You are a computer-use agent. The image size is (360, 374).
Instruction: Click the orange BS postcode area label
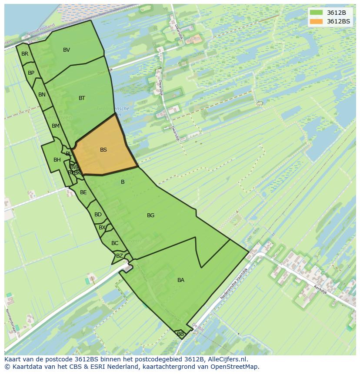pyautogui.click(x=103, y=150)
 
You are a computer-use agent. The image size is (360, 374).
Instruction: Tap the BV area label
pyautogui.click(x=67, y=50)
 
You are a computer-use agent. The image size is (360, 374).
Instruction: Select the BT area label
pyautogui.click(x=82, y=98)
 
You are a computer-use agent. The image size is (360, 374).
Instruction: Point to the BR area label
pyautogui.click(x=25, y=54)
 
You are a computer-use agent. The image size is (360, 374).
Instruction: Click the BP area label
pyautogui.click(x=31, y=73)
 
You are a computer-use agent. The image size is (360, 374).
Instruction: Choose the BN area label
pyautogui.click(x=42, y=95)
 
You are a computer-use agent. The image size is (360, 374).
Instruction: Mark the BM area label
pyautogui.click(x=55, y=126)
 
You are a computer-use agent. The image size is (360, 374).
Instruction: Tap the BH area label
pyautogui.click(x=57, y=160)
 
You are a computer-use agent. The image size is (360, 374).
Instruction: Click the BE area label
pyautogui.click(x=83, y=192)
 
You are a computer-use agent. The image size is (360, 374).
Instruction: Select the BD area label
pyautogui.click(x=98, y=215)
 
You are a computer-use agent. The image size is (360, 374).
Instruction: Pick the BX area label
pyautogui.click(x=102, y=228)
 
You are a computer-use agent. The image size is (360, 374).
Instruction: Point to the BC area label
pyautogui.click(x=115, y=243)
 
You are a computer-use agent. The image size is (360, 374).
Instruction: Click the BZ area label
pyautogui.click(x=119, y=256)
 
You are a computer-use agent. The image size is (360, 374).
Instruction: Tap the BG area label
pyautogui.click(x=150, y=215)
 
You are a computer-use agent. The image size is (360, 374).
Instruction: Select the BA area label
pyautogui.click(x=181, y=280)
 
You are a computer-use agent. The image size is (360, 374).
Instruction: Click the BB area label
pyautogui.click(x=180, y=334)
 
